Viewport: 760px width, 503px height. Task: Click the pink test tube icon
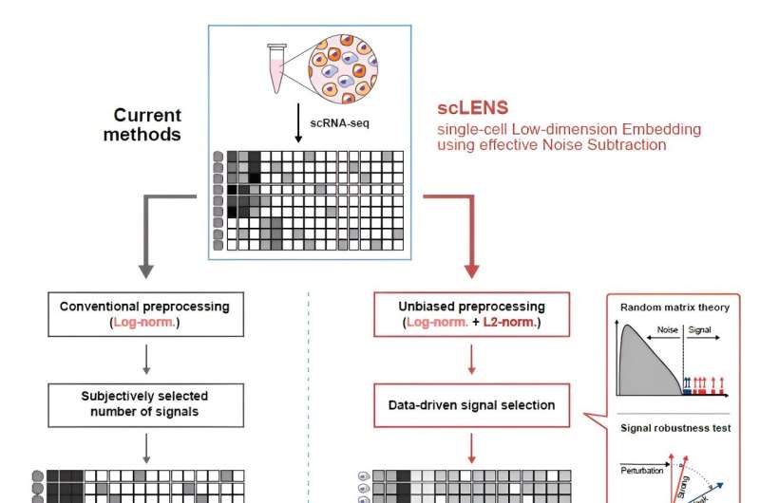(277, 68)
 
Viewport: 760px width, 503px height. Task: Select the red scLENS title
(468, 109)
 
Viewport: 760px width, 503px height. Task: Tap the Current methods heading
(147, 124)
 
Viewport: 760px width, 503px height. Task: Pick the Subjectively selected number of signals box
(144, 402)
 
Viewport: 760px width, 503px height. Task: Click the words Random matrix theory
(670, 307)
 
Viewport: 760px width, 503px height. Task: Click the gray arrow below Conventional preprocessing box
(145, 358)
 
